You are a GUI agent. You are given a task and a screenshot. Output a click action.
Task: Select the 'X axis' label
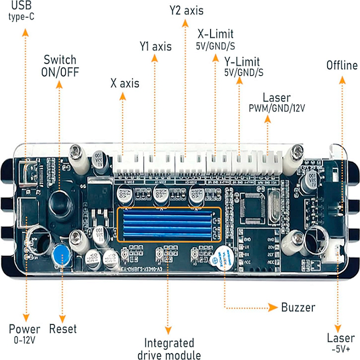point(125,83)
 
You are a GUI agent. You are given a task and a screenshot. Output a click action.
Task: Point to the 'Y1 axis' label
point(155,46)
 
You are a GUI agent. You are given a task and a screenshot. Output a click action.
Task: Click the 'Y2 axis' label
point(186,10)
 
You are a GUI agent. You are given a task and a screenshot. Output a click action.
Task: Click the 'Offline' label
point(342,66)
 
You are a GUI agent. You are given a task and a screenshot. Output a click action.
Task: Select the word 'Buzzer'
point(298,308)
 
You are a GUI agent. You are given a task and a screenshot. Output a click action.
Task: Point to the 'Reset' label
point(63,329)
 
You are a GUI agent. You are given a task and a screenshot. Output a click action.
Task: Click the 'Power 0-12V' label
point(24,333)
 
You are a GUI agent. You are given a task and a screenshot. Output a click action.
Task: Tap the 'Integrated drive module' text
point(169,349)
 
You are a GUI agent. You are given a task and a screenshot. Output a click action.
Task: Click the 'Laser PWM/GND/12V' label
point(270,103)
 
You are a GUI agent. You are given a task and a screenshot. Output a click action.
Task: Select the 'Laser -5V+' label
point(338,342)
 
